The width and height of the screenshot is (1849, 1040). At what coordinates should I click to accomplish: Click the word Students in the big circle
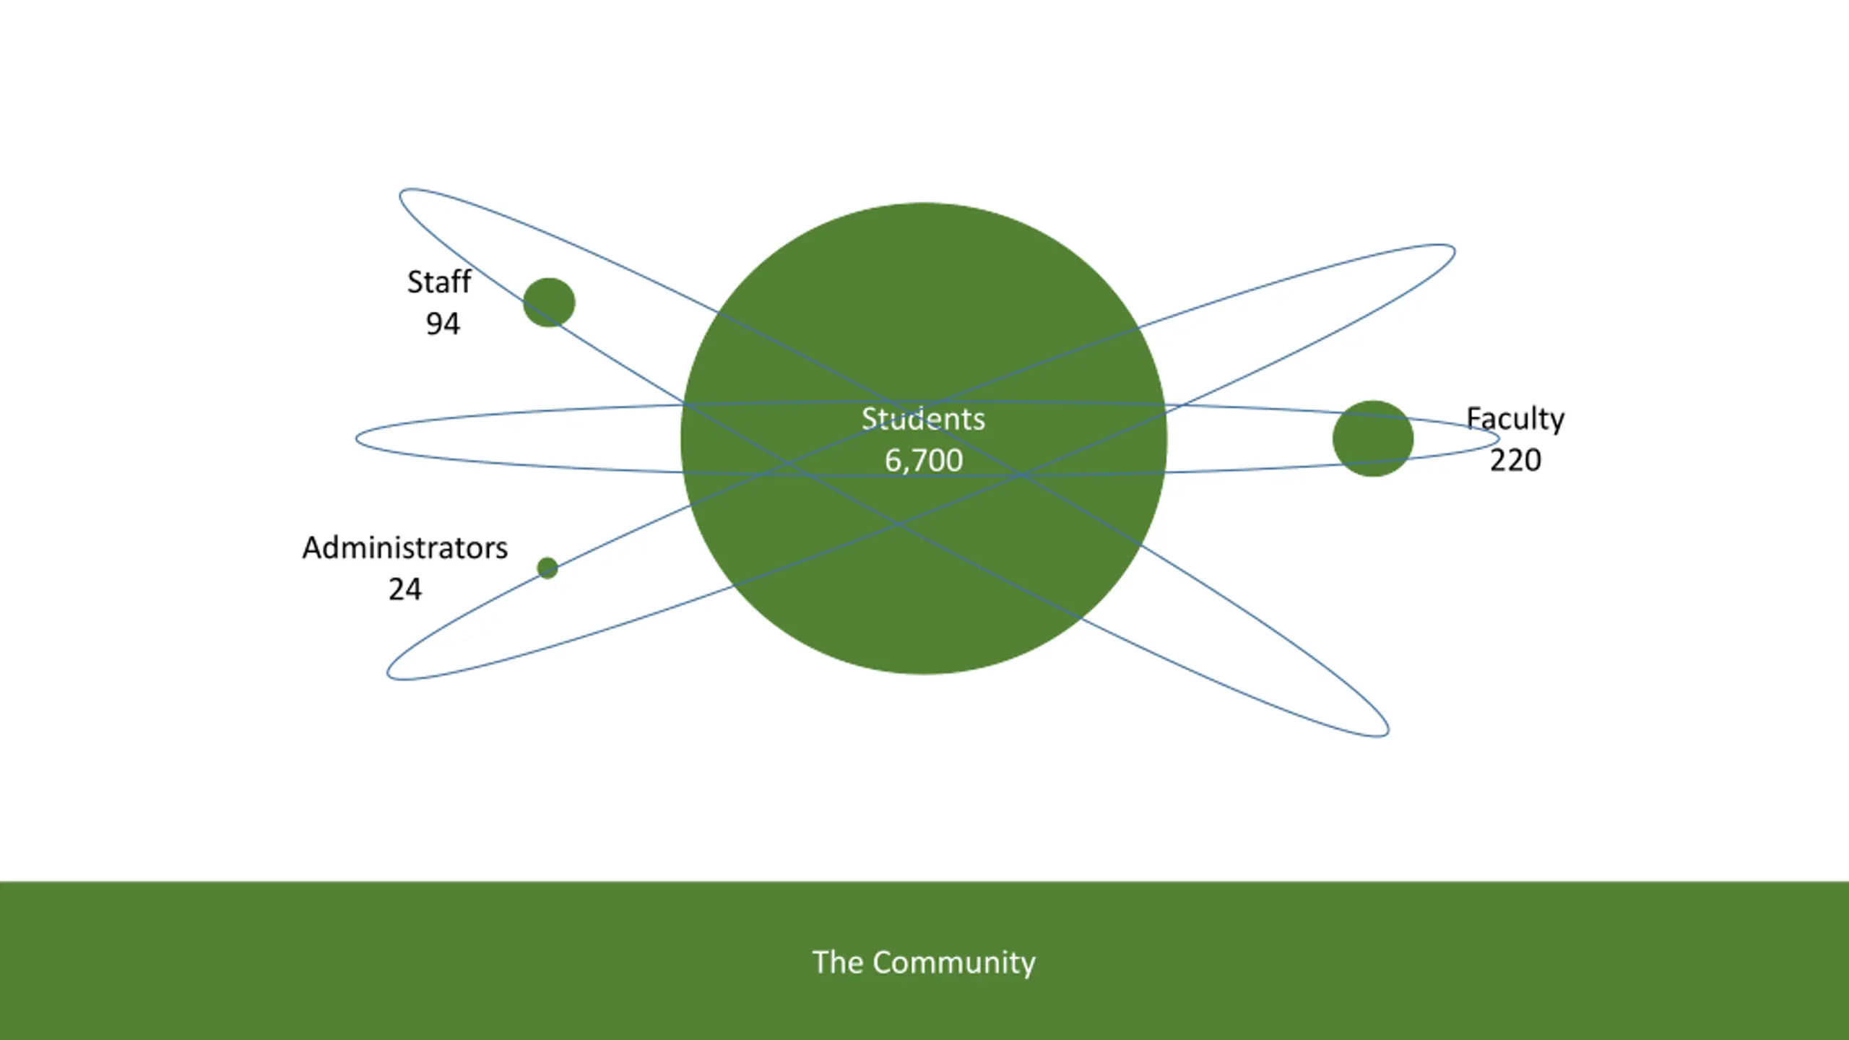click(x=923, y=420)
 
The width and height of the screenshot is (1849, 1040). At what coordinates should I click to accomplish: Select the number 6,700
click(x=924, y=461)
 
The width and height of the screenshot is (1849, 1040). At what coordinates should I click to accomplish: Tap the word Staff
click(x=438, y=282)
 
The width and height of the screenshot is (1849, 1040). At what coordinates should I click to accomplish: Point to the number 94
click(x=442, y=324)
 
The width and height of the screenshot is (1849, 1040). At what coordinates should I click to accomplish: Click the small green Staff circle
click(x=549, y=303)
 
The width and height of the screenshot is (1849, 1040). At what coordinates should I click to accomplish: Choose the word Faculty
click(x=1515, y=420)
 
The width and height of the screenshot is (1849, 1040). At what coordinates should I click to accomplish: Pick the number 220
click(x=1515, y=461)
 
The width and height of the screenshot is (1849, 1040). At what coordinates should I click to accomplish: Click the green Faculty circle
click(x=1372, y=438)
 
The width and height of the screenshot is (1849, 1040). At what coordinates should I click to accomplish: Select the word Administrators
click(x=404, y=548)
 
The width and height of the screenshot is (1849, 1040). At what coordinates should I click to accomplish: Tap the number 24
click(x=404, y=589)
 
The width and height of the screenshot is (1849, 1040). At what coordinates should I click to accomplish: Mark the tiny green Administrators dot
click(x=547, y=568)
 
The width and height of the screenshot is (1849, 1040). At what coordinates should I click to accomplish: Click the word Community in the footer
click(x=953, y=963)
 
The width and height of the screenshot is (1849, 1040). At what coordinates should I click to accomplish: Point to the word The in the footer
click(x=837, y=963)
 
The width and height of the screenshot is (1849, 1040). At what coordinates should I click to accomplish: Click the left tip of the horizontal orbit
click(x=357, y=438)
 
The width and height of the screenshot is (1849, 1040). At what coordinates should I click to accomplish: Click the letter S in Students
click(x=869, y=420)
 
